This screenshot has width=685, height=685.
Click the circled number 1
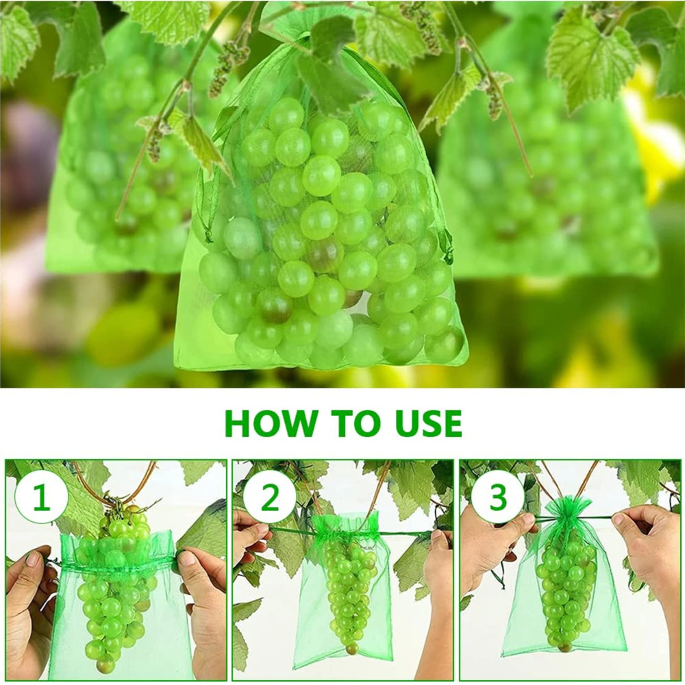tap(41, 498)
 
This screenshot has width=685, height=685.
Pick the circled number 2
tap(270, 498)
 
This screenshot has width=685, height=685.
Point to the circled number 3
tap(497, 498)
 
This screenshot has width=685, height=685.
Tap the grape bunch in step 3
tap(565, 589)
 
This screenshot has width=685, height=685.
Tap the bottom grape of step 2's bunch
tap(351, 648)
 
